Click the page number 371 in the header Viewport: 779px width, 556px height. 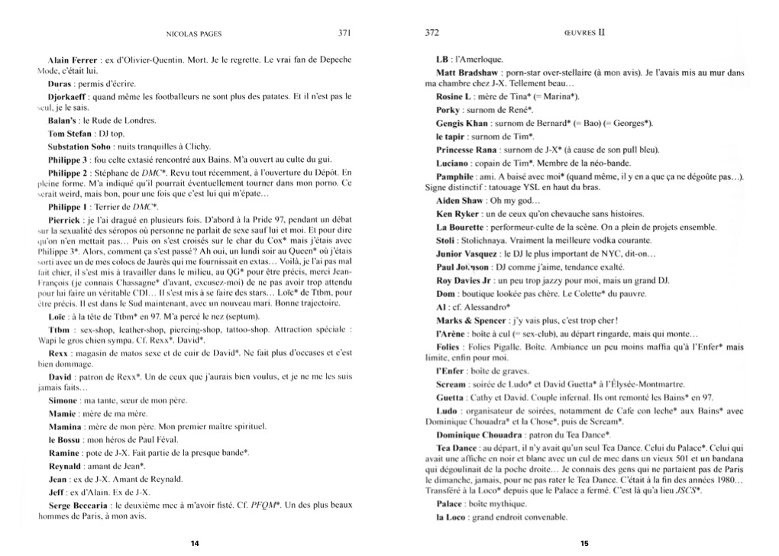tap(344, 33)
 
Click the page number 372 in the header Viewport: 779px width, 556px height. tap(432, 33)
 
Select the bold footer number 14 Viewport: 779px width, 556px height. tap(195, 543)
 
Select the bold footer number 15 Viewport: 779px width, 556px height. tap(583, 543)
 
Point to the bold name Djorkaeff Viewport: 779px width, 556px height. tap(67, 96)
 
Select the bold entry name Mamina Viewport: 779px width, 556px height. tap(65, 426)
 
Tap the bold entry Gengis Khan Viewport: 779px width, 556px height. tap(461, 123)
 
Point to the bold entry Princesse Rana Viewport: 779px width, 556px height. tap(467, 150)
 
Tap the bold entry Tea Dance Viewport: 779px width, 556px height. tap(456, 448)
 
